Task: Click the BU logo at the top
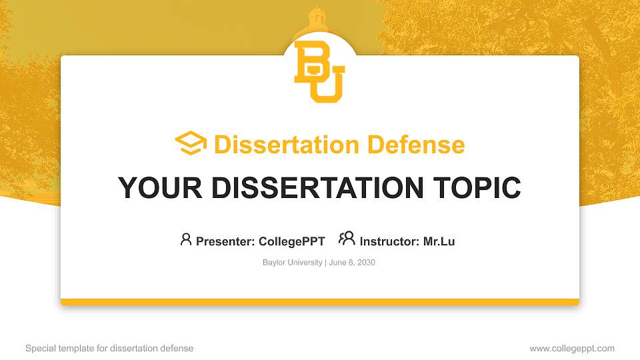[319, 71]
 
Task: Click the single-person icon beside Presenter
[186, 239]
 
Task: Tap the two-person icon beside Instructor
[347, 239]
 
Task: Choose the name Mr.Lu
[439, 241]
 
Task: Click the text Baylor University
[292, 263]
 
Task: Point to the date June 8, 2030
[353, 263]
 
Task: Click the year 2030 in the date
[366, 263]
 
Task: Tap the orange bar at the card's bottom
[319, 302]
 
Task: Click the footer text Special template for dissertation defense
[109, 348]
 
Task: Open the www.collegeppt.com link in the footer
[572, 348]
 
